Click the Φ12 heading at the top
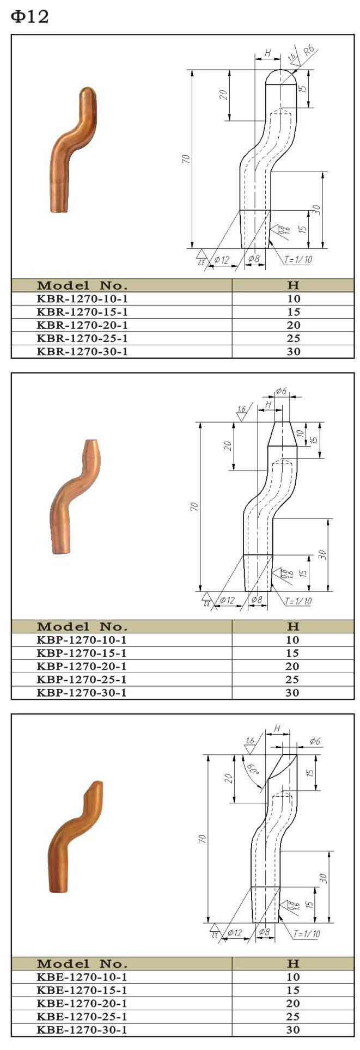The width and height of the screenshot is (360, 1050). (30, 17)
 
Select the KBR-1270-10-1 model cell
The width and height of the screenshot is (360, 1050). (82, 298)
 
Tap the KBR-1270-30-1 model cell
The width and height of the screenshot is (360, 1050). (82, 351)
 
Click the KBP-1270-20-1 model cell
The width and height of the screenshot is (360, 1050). (82, 666)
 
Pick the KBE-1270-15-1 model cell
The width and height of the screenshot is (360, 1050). (82, 990)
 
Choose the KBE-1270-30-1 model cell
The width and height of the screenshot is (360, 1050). (82, 1029)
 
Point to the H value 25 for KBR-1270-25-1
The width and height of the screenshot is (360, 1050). (293, 338)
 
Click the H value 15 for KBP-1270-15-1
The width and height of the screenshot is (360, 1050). (292, 653)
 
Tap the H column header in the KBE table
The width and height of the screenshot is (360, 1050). (292, 963)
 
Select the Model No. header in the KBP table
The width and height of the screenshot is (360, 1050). (82, 626)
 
